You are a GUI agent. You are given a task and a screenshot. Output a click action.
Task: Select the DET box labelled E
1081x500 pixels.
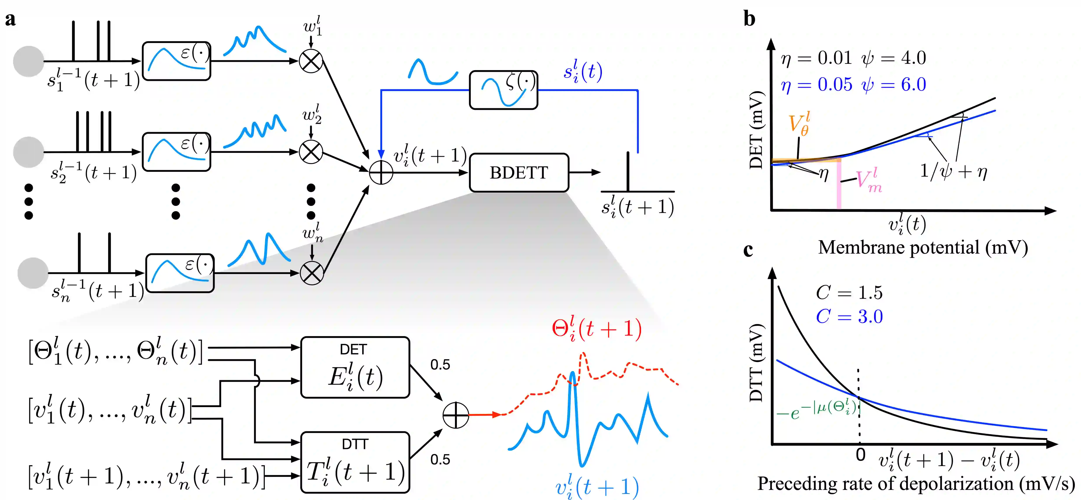pos(355,367)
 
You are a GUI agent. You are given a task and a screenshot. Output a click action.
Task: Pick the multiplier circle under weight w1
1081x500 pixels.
pos(311,61)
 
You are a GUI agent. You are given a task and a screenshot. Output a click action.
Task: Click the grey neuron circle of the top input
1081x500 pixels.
pos(29,61)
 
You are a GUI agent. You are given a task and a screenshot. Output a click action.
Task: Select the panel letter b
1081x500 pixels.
pos(749,19)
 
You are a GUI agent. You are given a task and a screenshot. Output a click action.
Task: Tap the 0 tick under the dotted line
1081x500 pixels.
pos(860,455)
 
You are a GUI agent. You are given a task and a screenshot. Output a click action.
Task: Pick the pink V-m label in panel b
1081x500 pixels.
pos(868,181)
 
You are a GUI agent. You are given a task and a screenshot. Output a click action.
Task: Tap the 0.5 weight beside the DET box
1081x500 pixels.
pos(440,364)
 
